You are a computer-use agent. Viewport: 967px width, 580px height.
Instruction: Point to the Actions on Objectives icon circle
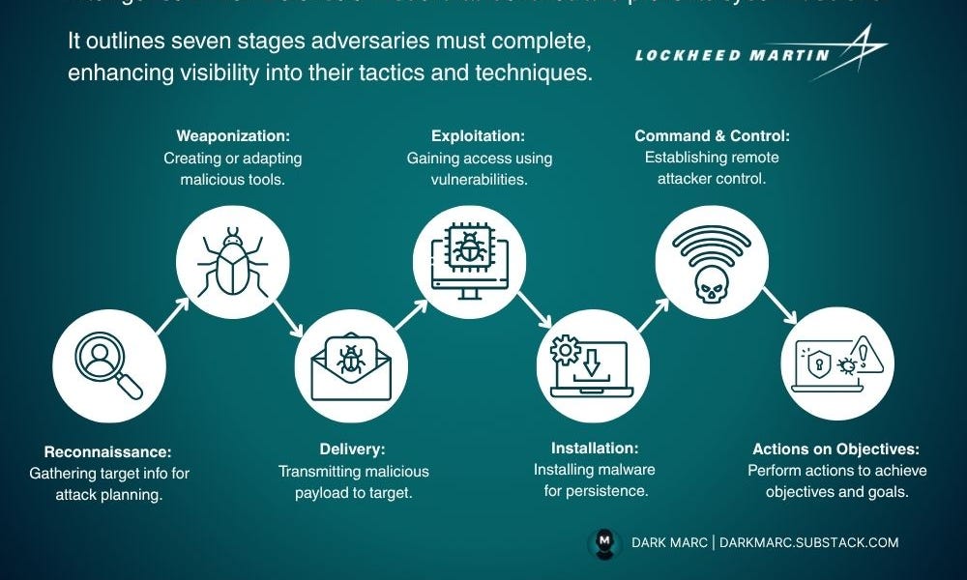837,363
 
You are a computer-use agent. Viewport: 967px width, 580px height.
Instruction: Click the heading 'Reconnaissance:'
107,451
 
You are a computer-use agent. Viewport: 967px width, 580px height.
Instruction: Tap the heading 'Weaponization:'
233,135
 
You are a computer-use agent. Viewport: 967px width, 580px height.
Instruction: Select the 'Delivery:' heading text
352,449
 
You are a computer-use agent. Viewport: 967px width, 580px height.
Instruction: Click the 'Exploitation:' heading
471,135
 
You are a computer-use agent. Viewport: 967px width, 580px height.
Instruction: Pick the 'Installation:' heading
595,449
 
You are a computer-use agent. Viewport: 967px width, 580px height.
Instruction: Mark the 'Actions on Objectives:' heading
836,449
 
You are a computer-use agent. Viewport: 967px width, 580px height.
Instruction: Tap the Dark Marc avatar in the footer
603,542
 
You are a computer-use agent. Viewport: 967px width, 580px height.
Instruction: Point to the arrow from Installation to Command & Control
656,316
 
